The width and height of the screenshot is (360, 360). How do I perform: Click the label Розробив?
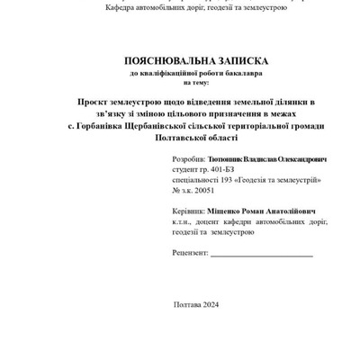[x=187, y=158]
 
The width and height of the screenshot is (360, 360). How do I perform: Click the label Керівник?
[x=187, y=209]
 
